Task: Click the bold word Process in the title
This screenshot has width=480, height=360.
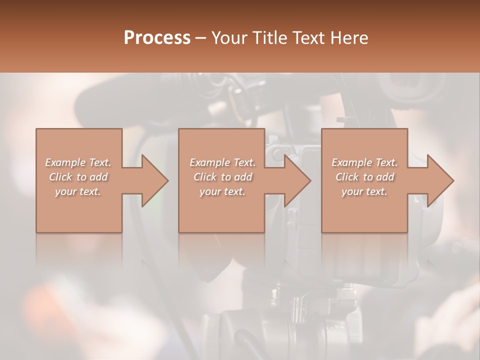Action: (157, 38)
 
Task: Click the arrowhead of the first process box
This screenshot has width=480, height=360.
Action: (154, 180)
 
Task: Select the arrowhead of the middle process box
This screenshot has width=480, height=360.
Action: (297, 180)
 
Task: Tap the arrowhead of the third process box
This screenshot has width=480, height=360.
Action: (440, 180)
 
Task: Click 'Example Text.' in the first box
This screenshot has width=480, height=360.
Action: (78, 162)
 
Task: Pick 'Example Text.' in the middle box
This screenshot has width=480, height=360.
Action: (222, 162)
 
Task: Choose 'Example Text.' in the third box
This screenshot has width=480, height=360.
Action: (364, 162)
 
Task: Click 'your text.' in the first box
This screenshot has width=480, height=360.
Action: (78, 191)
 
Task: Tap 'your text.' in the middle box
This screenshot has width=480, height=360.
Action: (222, 191)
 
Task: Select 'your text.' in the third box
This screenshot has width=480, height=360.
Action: (364, 191)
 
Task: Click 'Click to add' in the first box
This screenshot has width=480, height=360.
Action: (78, 177)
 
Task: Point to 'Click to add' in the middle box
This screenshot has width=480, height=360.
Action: (222, 177)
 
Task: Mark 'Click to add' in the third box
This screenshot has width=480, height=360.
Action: (364, 177)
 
